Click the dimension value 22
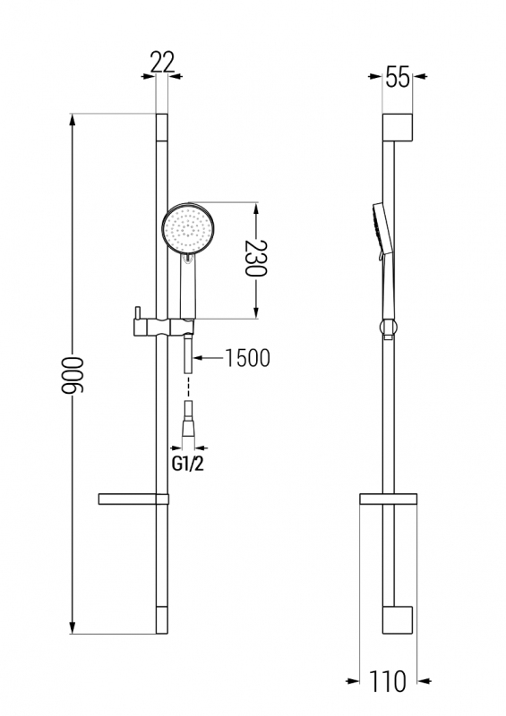(x=162, y=62)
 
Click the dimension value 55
(x=398, y=76)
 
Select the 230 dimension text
(x=255, y=258)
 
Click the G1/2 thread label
(x=187, y=465)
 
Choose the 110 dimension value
(x=387, y=681)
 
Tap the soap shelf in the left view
(x=133, y=499)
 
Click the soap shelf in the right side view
(x=388, y=499)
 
